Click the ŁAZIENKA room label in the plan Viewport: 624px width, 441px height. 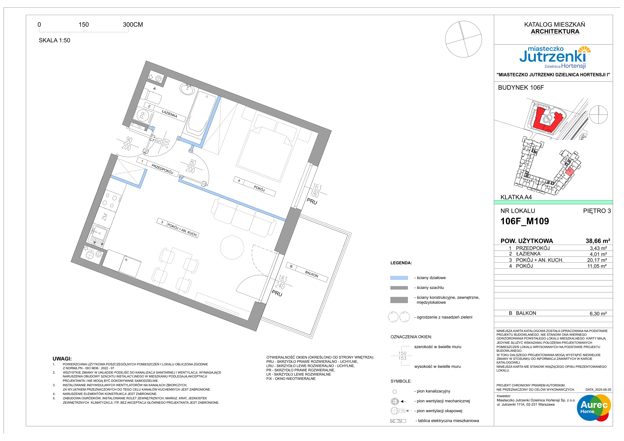(169, 114)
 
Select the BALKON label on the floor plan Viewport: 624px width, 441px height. (311, 275)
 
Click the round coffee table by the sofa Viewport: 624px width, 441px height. (232, 247)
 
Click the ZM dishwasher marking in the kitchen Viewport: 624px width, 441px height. (105, 217)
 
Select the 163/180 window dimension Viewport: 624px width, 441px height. (316, 191)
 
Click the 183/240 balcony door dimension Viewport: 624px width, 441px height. (281, 282)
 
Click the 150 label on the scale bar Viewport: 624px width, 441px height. (84, 24)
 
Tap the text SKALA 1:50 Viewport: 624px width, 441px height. (54, 40)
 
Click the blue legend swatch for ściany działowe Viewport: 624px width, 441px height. (399, 278)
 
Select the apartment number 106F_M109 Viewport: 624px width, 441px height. (525, 221)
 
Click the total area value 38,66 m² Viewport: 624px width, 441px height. (598, 241)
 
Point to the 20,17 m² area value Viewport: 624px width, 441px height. (597, 260)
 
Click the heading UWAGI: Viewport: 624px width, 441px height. (62, 359)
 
